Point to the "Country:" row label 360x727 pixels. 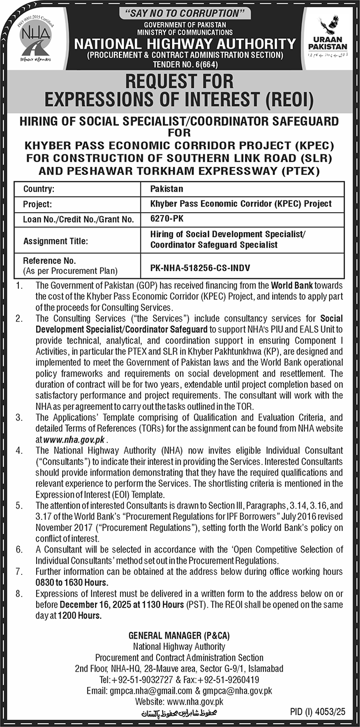(x=38, y=189)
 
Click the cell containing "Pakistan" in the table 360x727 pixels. (x=167, y=189)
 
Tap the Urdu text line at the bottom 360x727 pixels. (x=179, y=711)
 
